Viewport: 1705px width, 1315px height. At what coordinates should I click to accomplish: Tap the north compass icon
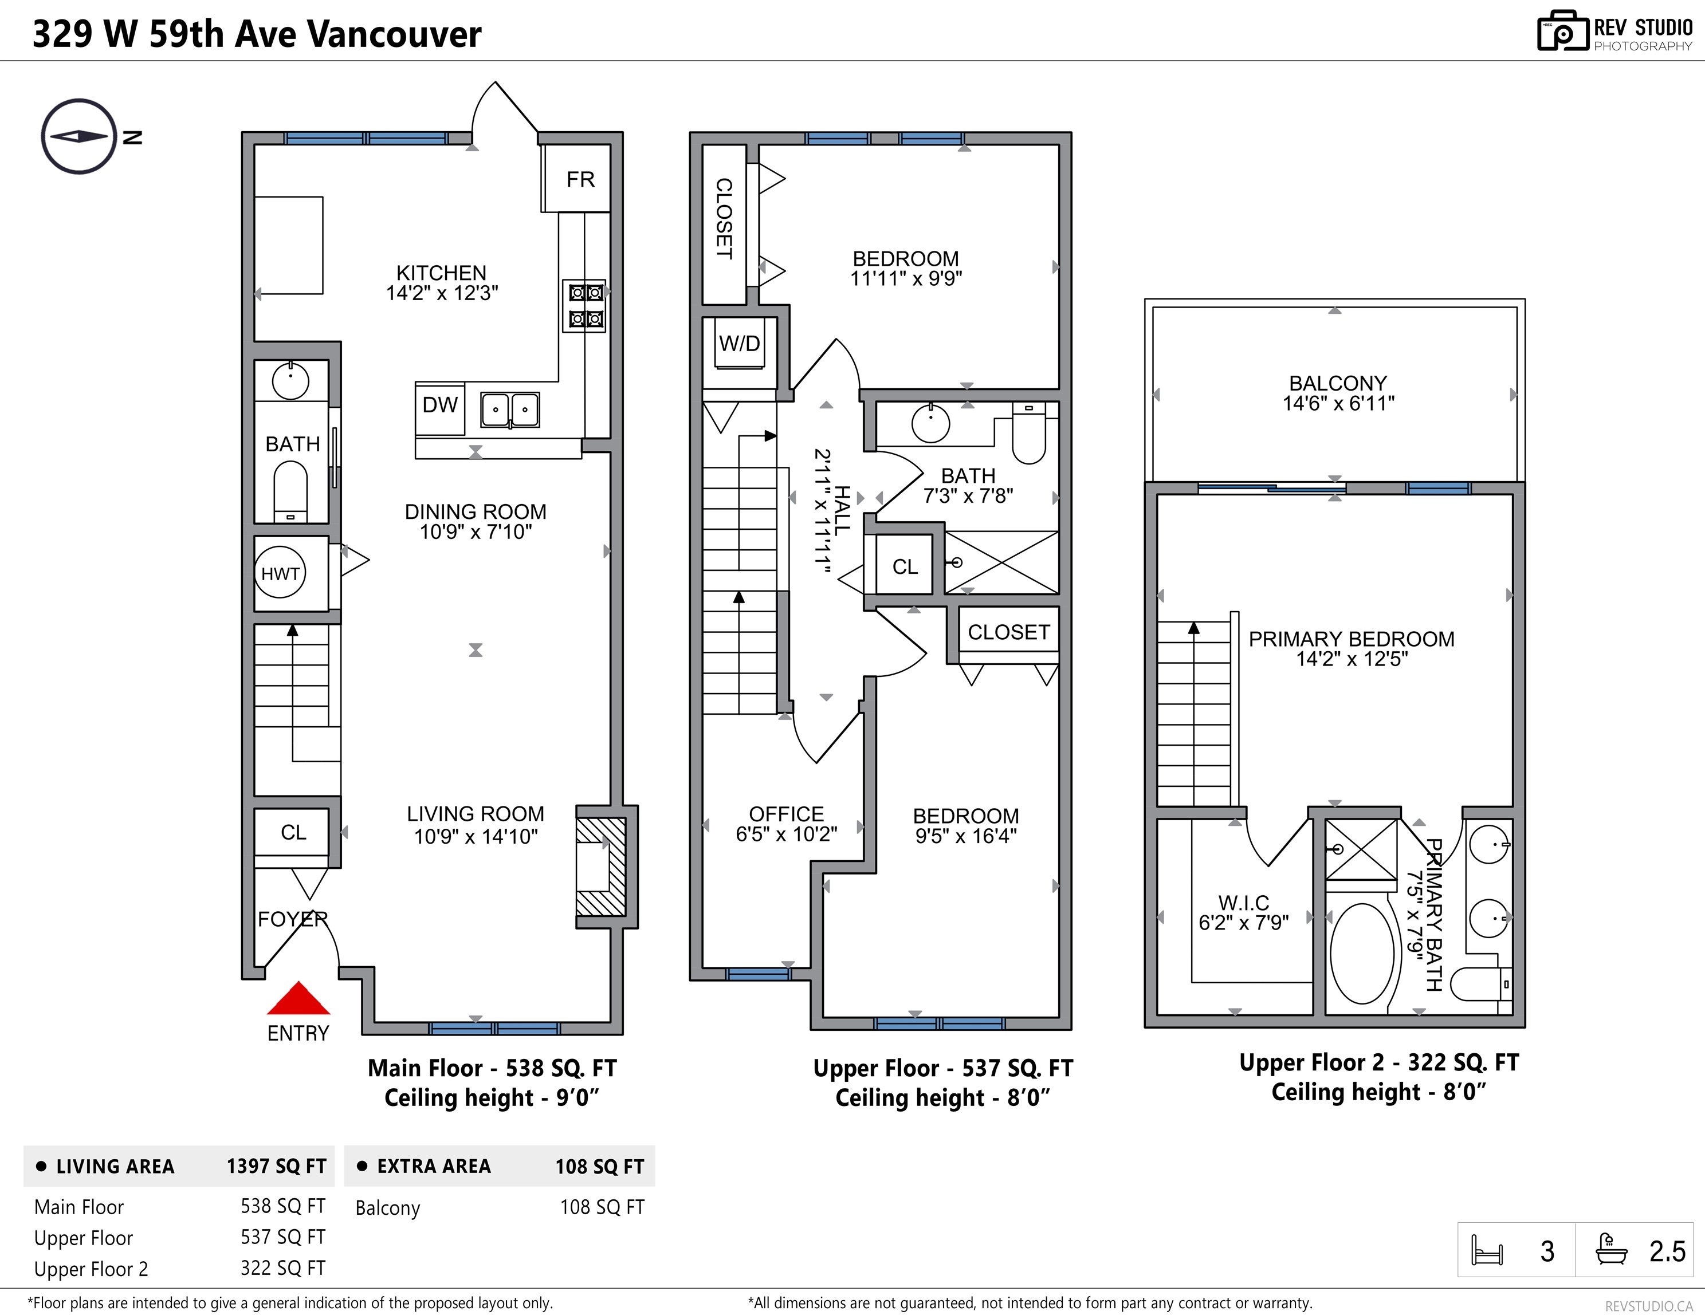[x=79, y=136]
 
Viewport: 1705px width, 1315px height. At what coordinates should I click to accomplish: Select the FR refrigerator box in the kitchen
[x=576, y=178]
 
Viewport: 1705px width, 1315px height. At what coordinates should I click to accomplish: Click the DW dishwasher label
[x=439, y=404]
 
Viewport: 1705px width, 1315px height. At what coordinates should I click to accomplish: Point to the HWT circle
[x=280, y=574]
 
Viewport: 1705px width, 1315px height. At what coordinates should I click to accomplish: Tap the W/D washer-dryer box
[x=739, y=344]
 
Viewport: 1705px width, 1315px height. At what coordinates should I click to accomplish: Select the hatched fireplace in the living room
[x=601, y=866]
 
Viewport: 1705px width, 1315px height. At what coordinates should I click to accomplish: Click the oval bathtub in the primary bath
[x=1361, y=954]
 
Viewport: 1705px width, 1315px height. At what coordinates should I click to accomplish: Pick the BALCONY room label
[x=1338, y=383]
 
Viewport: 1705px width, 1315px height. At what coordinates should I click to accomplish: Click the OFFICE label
[x=786, y=814]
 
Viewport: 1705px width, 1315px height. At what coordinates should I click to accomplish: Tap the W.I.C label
[x=1244, y=903]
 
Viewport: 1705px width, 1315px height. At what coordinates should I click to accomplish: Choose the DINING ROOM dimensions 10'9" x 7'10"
[x=476, y=532]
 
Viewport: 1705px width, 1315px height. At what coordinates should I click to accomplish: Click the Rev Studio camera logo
[x=1563, y=32]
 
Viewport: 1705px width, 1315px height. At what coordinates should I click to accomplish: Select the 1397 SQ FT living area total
[x=276, y=1166]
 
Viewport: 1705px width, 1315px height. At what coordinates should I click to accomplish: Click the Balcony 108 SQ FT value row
[x=500, y=1207]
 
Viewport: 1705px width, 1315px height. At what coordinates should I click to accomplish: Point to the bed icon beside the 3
[x=1486, y=1250]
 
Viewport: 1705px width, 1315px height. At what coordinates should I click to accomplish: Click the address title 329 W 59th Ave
[x=168, y=34]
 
